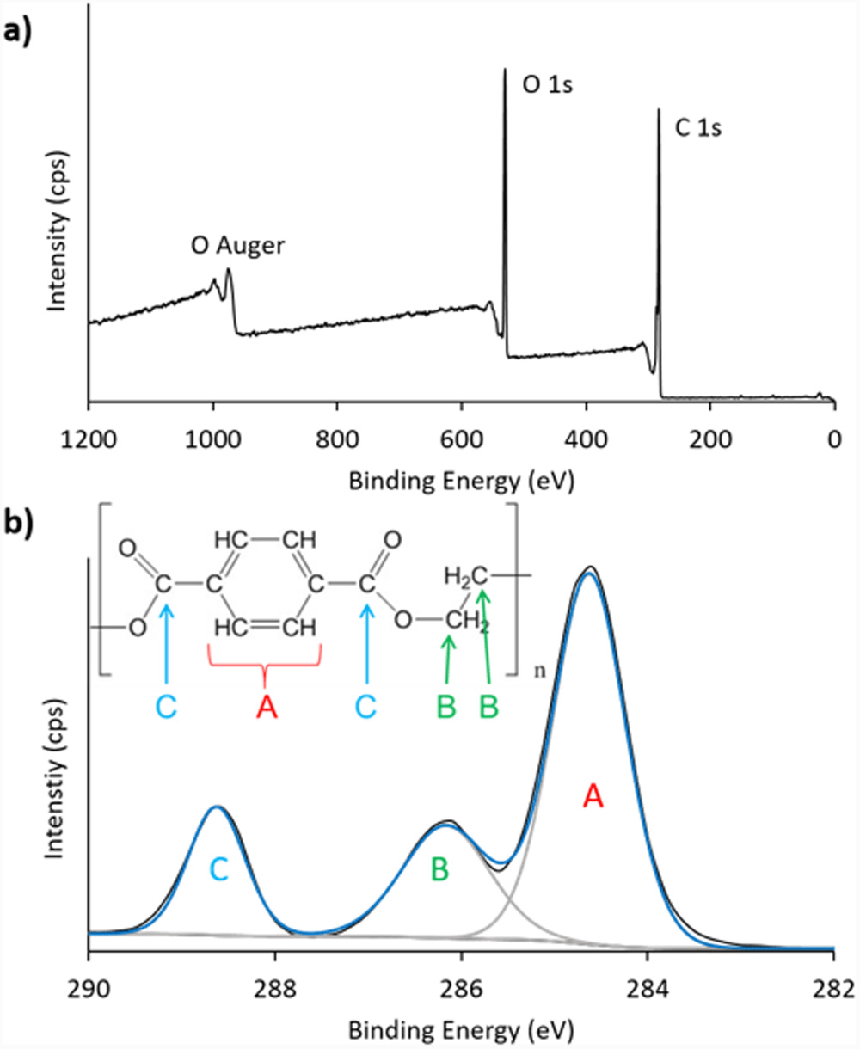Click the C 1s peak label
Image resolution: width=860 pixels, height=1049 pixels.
pos(697,130)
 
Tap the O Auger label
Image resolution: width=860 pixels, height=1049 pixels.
pos(238,247)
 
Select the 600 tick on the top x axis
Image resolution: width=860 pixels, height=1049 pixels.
pos(462,435)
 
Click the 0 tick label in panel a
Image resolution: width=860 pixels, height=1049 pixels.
pos(833,435)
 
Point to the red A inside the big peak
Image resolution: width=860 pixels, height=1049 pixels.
pos(593,797)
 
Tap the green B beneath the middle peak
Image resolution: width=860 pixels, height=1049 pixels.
pos(439,869)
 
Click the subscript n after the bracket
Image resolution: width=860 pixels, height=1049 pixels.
pos(539,670)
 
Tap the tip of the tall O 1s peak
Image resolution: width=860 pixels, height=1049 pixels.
pos(505,70)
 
